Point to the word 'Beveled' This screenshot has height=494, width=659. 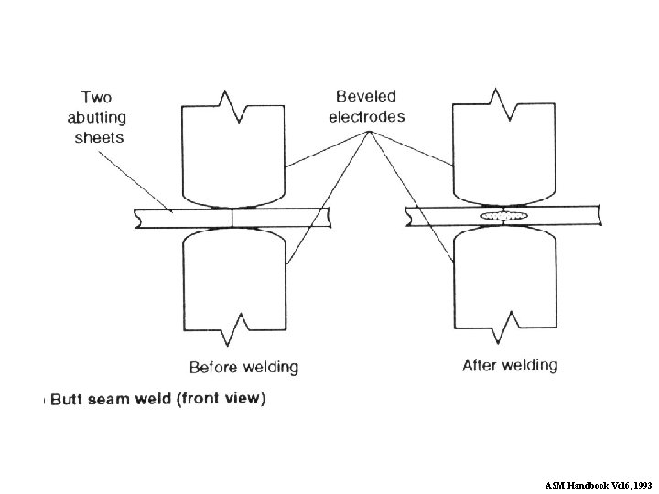(x=366, y=96)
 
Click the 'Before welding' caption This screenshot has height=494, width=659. (x=243, y=368)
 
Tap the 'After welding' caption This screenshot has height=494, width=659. (x=510, y=366)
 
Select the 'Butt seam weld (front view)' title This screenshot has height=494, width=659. (x=157, y=399)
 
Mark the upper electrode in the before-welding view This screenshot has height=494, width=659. (x=235, y=156)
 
